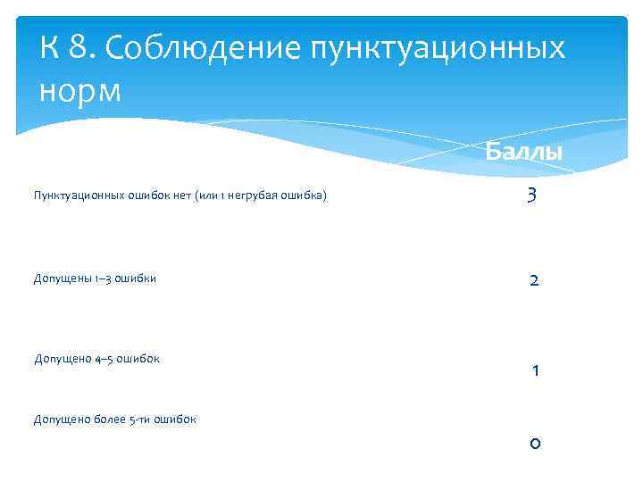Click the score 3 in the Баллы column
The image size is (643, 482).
(x=532, y=195)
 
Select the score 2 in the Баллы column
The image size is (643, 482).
(x=533, y=280)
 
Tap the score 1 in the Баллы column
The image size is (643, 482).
(x=534, y=370)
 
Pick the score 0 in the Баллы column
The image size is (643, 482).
(x=533, y=444)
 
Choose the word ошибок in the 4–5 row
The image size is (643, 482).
(x=140, y=359)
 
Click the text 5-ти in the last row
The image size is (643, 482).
(x=141, y=419)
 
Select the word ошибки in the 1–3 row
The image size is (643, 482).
(x=138, y=278)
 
